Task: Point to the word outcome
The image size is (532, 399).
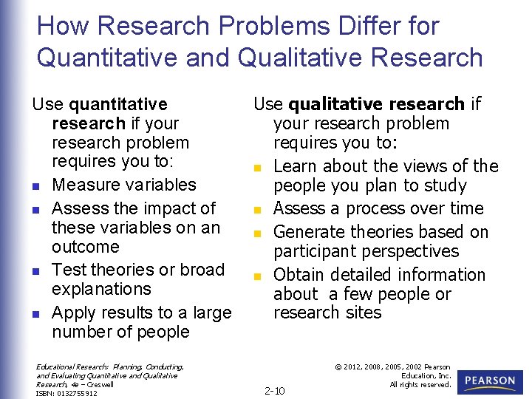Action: (x=85, y=247)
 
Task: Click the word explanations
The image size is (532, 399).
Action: (x=101, y=289)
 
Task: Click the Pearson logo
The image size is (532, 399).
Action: (x=489, y=381)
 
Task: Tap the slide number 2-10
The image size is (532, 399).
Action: (x=274, y=390)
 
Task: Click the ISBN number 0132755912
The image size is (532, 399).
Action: (x=77, y=393)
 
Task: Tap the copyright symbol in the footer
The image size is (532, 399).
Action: (x=339, y=367)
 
